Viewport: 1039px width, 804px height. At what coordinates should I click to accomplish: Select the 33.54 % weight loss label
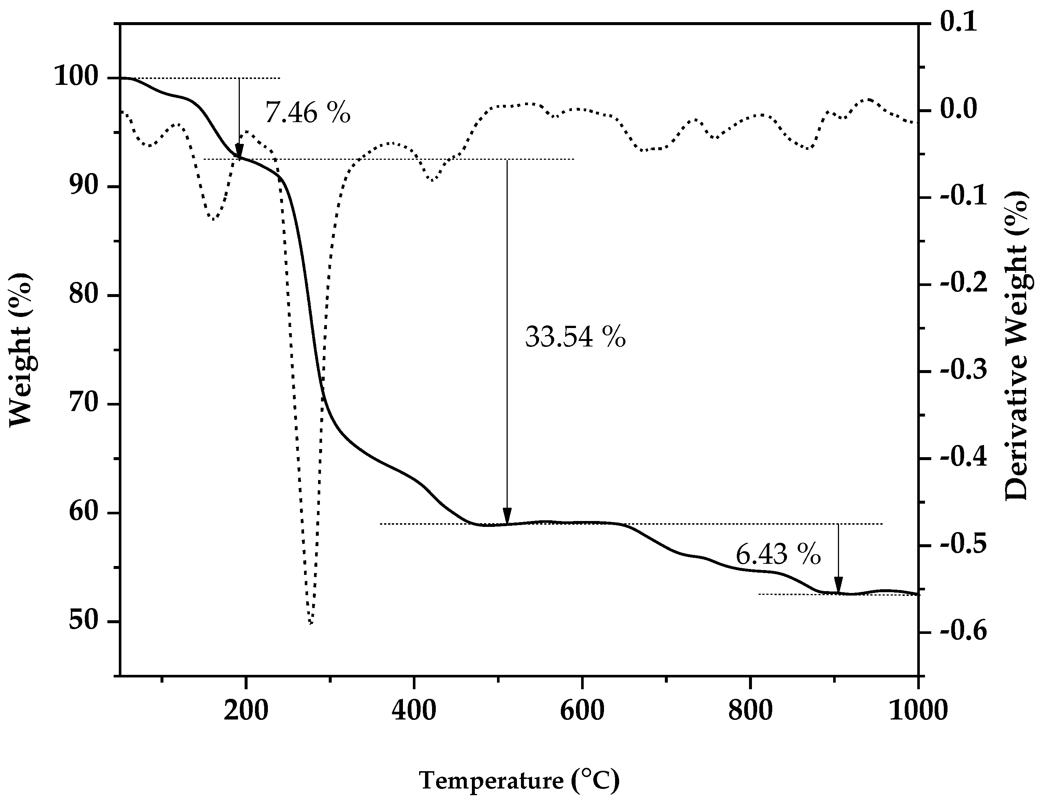tap(575, 337)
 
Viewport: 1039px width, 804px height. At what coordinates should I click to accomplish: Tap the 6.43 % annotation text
tap(778, 555)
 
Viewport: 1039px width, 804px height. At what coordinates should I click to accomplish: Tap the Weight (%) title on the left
tap(21, 350)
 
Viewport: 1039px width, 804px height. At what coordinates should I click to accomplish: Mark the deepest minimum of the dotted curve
tap(311, 622)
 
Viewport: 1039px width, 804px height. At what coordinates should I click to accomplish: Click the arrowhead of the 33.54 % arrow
tap(507, 516)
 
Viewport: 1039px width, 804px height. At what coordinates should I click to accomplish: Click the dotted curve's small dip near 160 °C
tap(214, 219)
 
